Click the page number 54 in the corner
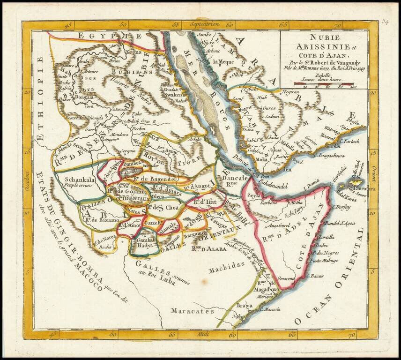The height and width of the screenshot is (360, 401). pos(385,22)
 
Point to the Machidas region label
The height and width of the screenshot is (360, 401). pos(227,264)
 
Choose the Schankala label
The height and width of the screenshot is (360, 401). pos(81,179)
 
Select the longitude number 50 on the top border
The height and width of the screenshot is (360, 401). pos(123,25)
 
